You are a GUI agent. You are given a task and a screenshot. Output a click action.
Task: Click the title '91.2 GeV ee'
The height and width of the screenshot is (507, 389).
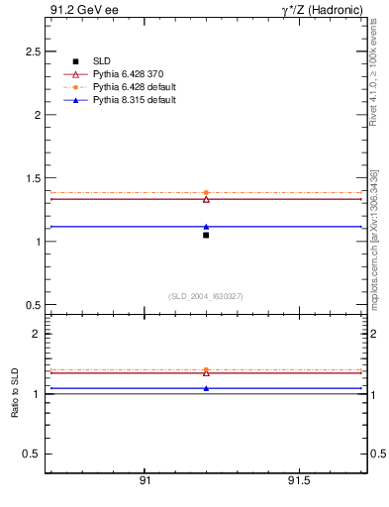[x=77, y=10]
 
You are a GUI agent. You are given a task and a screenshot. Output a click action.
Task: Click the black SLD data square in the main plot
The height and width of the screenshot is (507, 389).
[x=206, y=235]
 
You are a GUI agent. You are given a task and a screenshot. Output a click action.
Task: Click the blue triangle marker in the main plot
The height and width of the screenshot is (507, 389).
[x=206, y=227]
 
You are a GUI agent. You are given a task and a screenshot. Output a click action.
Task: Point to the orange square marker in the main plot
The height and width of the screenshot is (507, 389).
[x=206, y=192]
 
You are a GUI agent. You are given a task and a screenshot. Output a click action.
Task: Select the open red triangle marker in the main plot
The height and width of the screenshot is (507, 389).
[x=206, y=199]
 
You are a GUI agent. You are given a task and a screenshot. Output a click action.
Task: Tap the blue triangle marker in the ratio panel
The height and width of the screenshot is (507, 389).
[x=206, y=388]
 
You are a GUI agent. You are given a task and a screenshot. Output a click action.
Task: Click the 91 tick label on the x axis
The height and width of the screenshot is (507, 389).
[x=145, y=481]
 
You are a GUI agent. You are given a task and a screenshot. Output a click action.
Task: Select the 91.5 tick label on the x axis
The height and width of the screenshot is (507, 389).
[x=298, y=481]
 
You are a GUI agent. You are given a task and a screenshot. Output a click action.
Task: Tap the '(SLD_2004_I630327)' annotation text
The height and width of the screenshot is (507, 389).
[x=206, y=297]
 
